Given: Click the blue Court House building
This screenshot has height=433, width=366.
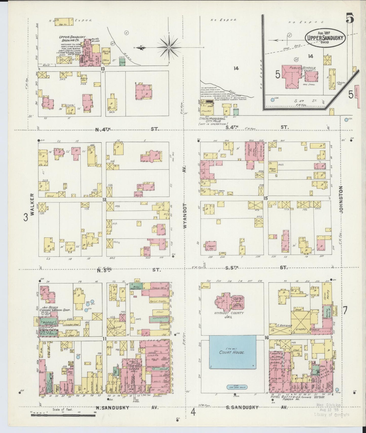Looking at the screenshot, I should click(232, 352).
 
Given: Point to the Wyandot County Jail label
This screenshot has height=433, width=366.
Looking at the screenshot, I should click(229, 314).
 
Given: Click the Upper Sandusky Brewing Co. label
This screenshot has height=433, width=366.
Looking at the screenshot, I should click(70, 38).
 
